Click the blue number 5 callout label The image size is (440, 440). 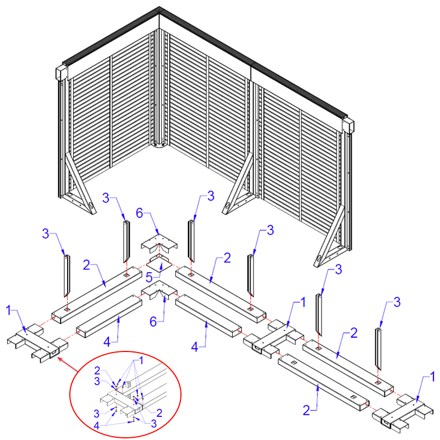click(x=149, y=278)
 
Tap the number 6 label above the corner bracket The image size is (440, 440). click(x=140, y=213)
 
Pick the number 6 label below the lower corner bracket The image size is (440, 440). click(x=153, y=322)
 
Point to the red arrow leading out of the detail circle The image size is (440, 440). click(x=68, y=365)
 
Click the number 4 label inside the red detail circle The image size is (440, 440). click(x=97, y=426)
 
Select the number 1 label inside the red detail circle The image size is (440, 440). click(x=141, y=361)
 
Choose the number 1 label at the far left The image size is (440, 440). click(x=9, y=310)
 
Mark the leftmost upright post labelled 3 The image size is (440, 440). click(x=67, y=276)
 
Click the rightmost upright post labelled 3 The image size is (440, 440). click(x=378, y=349)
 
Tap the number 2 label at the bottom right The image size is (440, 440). click(x=306, y=410)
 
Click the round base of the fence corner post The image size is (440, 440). click(x=159, y=145)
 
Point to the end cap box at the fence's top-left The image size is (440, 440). click(x=62, y=73)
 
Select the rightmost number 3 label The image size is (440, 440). click(x=397, y=302)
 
